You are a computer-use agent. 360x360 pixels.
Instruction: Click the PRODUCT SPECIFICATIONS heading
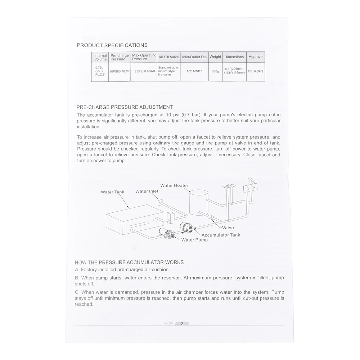[112, 45]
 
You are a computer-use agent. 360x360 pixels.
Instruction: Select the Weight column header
[215, 57]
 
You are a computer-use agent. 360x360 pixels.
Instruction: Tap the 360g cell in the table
[215, 71]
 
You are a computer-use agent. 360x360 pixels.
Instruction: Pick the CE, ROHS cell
[256, 71]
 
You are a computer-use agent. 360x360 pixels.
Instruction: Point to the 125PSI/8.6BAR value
[144, 71]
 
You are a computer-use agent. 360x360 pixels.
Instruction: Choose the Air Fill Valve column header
[169, 57]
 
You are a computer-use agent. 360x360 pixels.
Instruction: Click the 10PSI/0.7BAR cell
[120, 71]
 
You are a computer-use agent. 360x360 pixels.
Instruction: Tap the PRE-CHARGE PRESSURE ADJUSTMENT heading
[125, 107]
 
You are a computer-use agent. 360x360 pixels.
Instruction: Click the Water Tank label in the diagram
[112, 192]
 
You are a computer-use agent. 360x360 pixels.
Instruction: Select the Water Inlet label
[147, 191]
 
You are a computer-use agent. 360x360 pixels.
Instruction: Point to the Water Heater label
[174, 185]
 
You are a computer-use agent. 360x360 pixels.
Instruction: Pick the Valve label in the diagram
[228, 228]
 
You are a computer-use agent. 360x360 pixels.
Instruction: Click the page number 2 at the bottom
[182, 324]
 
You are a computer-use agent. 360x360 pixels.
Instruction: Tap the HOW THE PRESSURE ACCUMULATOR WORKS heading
[129, 262]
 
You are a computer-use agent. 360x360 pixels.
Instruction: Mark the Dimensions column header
[234, 57]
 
